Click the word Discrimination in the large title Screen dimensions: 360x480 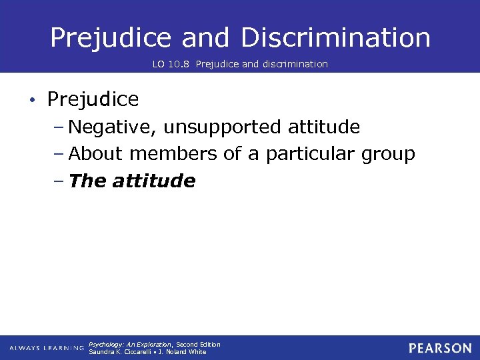(336, 38)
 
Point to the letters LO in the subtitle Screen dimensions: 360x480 (159, 64)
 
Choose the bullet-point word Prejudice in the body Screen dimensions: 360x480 (93, 100)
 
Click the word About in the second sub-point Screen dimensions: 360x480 (96, 154)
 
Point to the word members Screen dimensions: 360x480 (174, 154)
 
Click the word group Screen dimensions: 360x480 (388, 154)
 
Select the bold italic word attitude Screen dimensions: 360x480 (154, 181)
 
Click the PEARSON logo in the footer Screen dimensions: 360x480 (440, 348)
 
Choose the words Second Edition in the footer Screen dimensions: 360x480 (198, 345)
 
